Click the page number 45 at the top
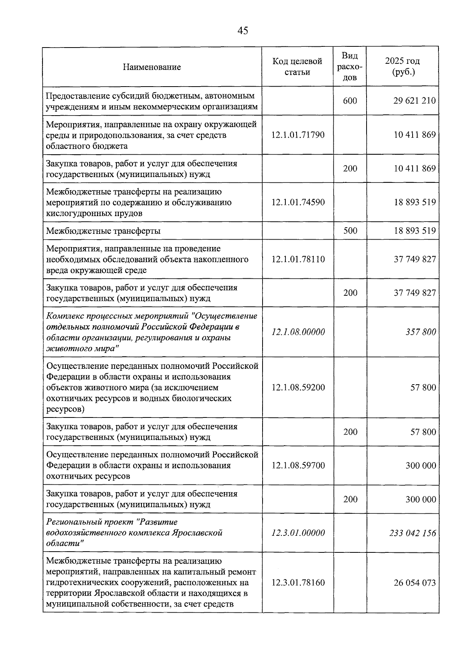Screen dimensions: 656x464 coord(243,31)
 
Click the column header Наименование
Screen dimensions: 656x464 coord(152,67)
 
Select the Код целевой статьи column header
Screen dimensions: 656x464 coord(297,66)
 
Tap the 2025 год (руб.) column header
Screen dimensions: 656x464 coord(403,66)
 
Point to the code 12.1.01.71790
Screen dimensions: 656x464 coord(298,135)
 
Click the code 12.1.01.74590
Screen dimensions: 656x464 coord(298,202)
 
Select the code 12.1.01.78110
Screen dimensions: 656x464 coord(298,259)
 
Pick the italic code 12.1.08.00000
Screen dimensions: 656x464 coord(298,332)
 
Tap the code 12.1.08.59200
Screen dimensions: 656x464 coord(298,387)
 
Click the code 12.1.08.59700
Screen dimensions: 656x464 coord(298,465)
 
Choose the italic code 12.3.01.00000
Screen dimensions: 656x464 coord(298,533)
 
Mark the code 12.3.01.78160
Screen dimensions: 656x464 coord(298,583)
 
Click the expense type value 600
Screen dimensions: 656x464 coord(350,101)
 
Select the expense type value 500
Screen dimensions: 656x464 coord(350,231)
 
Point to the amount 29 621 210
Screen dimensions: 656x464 coord(415,101)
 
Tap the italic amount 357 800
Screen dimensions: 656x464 coord(421,332)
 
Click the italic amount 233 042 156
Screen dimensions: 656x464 coord(413,533)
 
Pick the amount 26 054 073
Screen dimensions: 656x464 coord(415,583)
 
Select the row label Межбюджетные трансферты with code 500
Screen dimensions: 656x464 coord(103,231)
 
